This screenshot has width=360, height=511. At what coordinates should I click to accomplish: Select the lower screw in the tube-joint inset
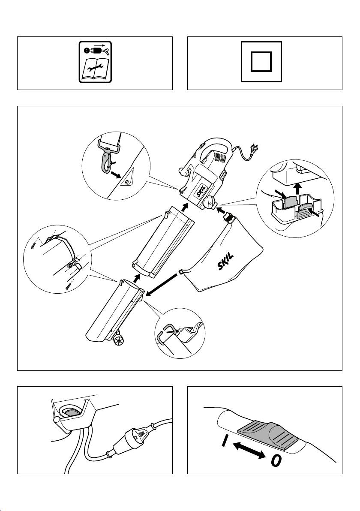click(68, 287)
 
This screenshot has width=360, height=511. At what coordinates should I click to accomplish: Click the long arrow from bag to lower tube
click(162, 283)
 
